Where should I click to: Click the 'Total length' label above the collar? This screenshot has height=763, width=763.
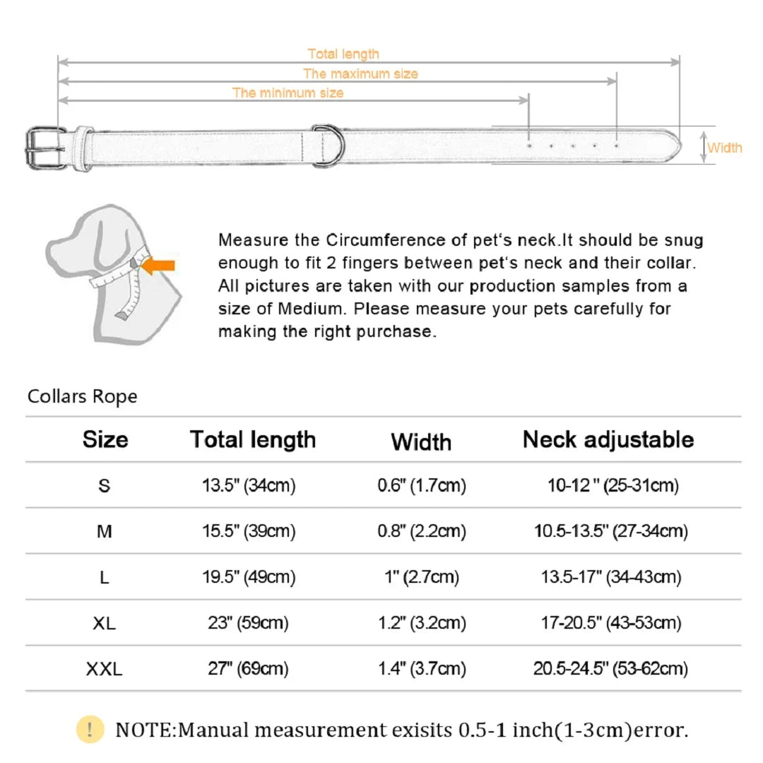pos(343,54)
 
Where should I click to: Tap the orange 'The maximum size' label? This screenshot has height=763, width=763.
pos(360,74)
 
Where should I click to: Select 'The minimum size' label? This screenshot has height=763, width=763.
pos(288,93)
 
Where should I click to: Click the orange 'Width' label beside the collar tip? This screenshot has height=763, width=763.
pos(725,148)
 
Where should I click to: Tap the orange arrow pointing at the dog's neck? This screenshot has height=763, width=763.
pos(158,266)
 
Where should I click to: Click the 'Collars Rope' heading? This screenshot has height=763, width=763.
pos(82,396)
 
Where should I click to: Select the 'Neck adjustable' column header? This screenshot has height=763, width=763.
pos(608,440)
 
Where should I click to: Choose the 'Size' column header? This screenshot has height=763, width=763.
pos(105,439)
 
